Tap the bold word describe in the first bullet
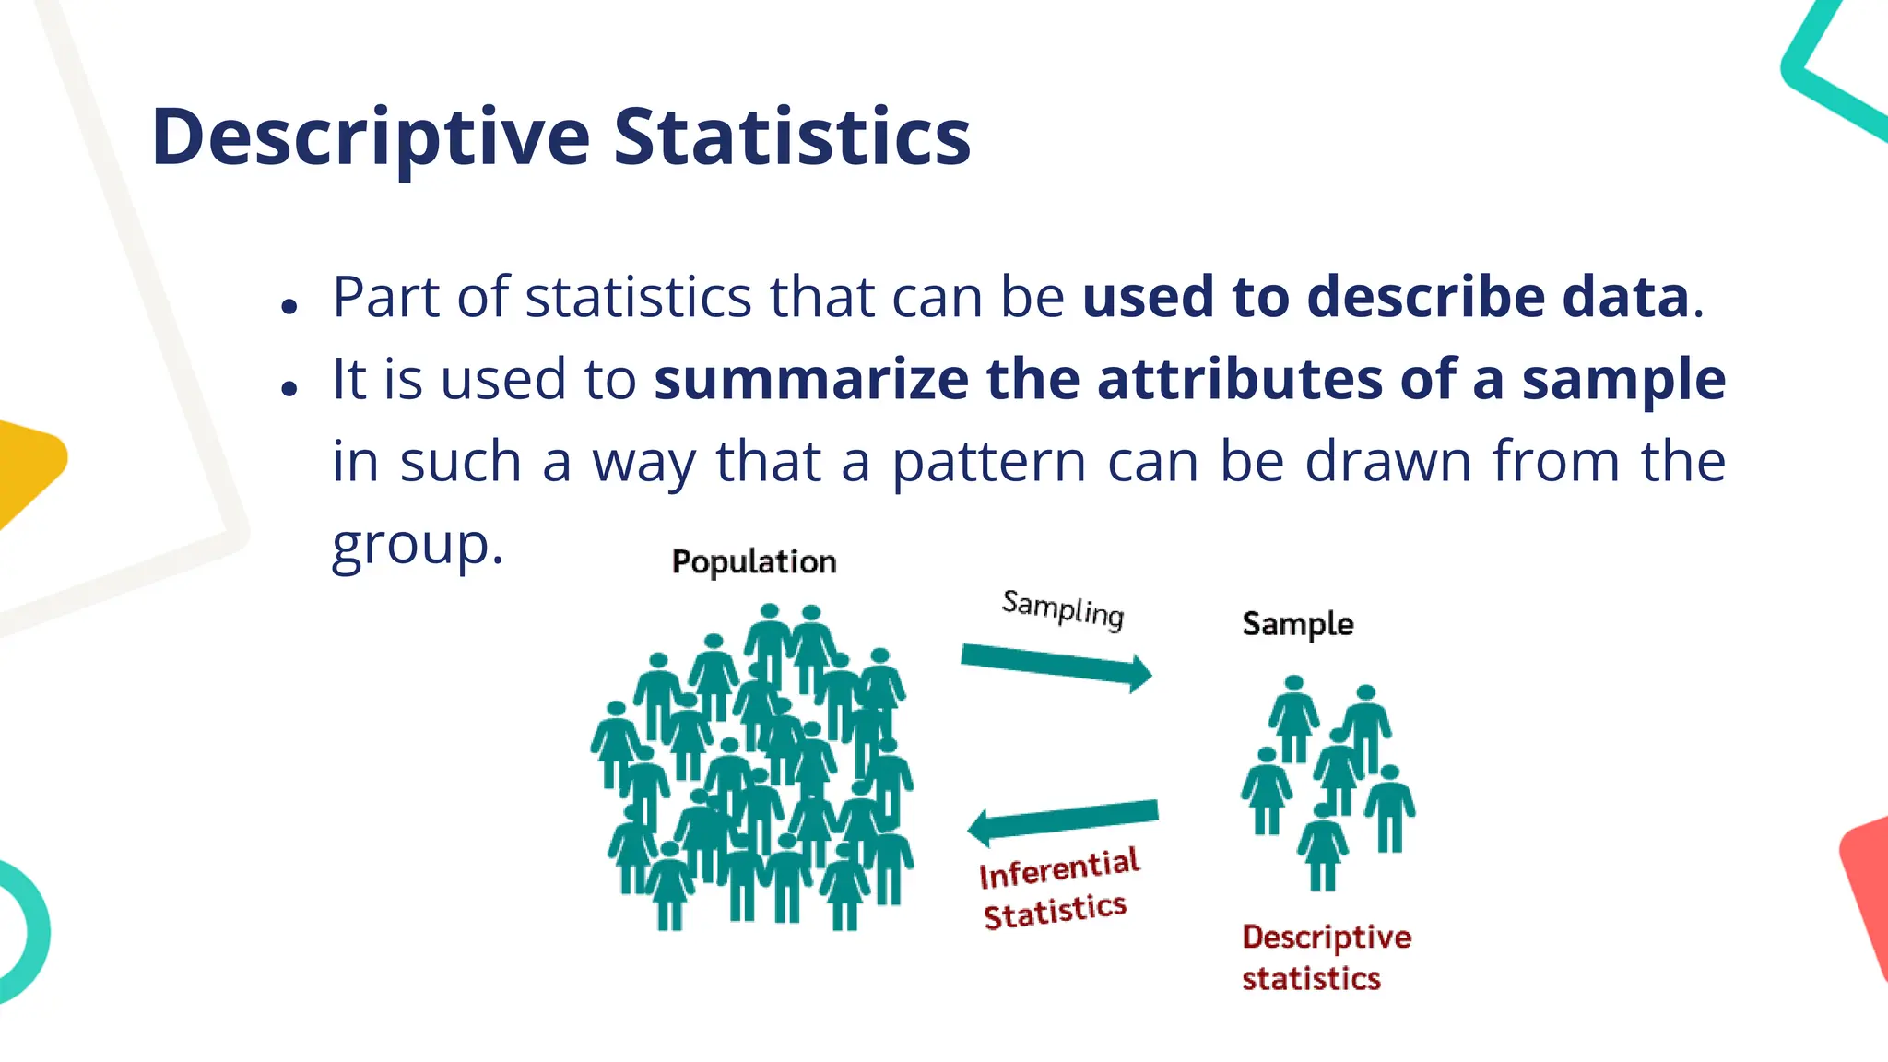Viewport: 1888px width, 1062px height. (1425, 297)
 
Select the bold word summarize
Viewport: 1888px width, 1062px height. (811, 379)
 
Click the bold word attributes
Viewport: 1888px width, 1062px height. (1240, 379)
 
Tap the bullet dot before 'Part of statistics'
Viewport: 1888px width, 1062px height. (290, 306)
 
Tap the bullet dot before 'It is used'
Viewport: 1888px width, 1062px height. (290, 388)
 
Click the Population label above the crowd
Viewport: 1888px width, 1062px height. (754, 561)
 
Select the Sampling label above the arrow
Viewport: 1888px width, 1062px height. (1063, 609)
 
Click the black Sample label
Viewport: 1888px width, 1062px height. (1297, 624)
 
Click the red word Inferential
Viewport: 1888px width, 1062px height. (1059, 868)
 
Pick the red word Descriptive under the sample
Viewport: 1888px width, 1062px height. (1326, 937)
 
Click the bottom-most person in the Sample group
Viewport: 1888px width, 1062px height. (1323, 848)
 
